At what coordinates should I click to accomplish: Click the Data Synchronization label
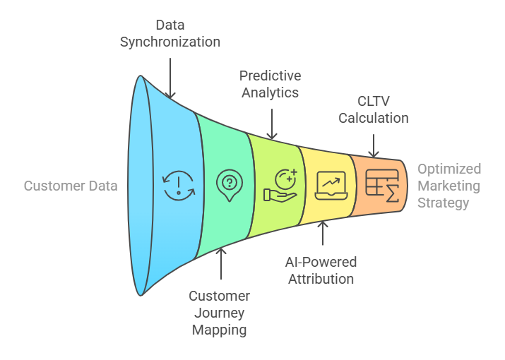[x=170, y=33]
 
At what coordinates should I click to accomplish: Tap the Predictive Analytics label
[x=270, y=84]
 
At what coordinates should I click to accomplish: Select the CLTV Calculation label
[x=373, y=109]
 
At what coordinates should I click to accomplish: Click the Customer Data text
[x=71, y=186]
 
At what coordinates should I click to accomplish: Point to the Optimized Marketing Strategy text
[x=448, y=186]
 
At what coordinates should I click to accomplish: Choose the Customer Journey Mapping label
[x=219, y=313]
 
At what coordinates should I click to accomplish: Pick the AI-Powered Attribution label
[x=321, y=270]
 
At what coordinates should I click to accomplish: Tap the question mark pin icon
[x=229, y=186]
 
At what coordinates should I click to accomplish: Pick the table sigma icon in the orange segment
[x=382, y=186]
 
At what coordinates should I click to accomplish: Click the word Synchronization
[x=170, y=42]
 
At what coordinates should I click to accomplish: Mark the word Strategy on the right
[x=443, y=203]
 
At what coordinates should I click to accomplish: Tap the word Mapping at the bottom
[x=219, y=330]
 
